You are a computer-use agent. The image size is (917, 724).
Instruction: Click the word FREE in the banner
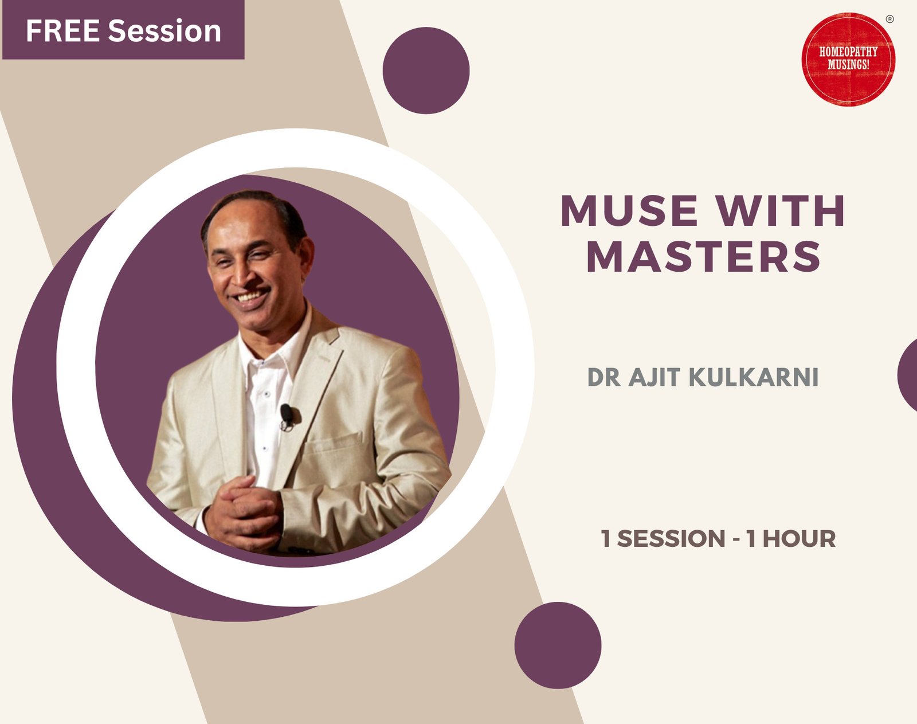[63, 31]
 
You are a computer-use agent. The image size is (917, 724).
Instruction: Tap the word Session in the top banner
[164, 31]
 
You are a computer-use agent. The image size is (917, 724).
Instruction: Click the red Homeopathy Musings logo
[848, 59]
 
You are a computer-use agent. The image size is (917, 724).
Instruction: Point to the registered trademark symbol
[889, 19]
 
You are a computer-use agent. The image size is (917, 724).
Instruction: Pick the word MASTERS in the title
[704, 256]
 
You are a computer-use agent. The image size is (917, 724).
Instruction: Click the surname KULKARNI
[753, 378]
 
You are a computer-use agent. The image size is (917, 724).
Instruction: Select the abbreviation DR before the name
[604, 378]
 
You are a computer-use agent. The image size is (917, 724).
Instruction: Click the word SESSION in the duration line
[671, 539]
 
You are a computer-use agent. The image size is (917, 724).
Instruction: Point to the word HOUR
[799, 539]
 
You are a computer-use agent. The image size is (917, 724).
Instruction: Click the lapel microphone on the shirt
[287, 416]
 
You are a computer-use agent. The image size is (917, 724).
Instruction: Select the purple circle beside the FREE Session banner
[426, 71]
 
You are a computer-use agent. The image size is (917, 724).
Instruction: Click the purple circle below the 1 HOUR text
[558, 645]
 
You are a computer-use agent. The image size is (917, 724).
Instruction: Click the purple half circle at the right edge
[908, 375]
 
